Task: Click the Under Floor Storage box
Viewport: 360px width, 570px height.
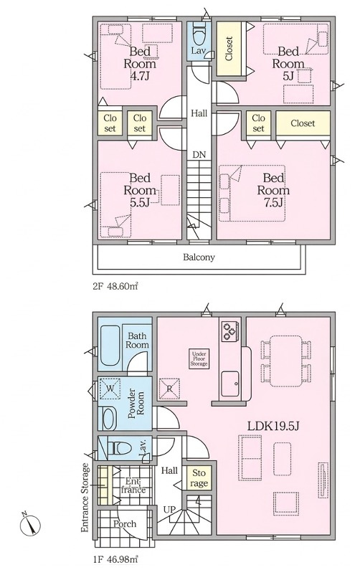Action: click(199, 358)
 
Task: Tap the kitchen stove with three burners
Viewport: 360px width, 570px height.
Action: click(230, 331)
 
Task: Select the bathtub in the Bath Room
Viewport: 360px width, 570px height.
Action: click(110, 347)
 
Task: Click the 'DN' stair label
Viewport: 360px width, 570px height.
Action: click(199, 154)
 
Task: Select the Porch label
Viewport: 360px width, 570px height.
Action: click(126, 523)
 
